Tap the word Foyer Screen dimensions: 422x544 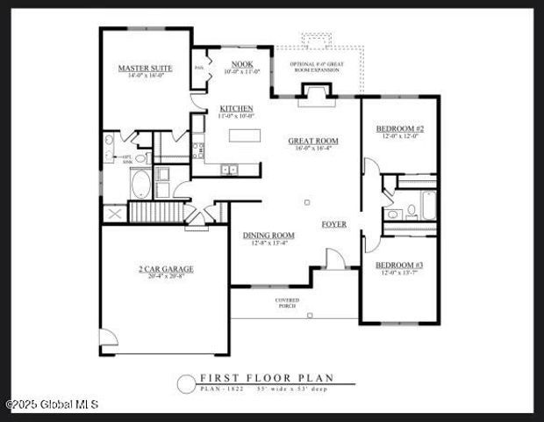pyautogui.click(x=333, y=224)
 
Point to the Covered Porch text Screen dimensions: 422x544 pyautogui.click(x=287, y=303)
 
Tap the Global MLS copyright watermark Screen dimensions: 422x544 pyautogui.click(x=52, y=405)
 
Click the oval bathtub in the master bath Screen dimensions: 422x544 pyautogui.click(x=140, y=185)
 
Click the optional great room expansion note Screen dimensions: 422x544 pyautogui.click(x=317, y=65)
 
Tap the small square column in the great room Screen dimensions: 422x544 pyautogui.click(x=306, y=203)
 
